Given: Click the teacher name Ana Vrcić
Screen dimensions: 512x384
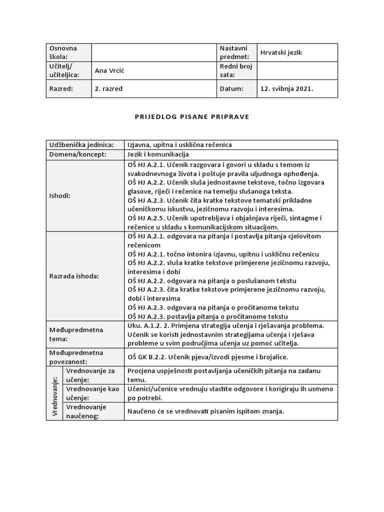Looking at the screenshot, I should point(109,70).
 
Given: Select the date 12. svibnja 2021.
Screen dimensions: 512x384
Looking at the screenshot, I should point(286,88).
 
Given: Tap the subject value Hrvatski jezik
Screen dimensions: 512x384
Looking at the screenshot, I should point(281,52).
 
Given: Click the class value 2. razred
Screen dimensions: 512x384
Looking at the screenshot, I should point(108,88).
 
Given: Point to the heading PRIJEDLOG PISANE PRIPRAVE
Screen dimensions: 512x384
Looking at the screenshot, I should point(192,116).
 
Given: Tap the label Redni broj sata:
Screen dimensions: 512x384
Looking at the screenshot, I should point(236,70).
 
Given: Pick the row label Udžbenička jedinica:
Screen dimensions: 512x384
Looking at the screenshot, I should point(81,144).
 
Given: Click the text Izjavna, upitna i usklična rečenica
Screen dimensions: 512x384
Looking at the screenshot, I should point(179,144).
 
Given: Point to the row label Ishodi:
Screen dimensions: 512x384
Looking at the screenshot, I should point(60,195).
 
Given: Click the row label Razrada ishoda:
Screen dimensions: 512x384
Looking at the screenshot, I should point(74,275).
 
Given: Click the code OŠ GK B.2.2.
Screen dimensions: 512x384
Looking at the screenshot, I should point(148,357).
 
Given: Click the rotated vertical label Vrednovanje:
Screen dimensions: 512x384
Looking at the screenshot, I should point(54,393).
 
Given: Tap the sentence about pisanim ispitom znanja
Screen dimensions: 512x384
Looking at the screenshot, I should point(205,411).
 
